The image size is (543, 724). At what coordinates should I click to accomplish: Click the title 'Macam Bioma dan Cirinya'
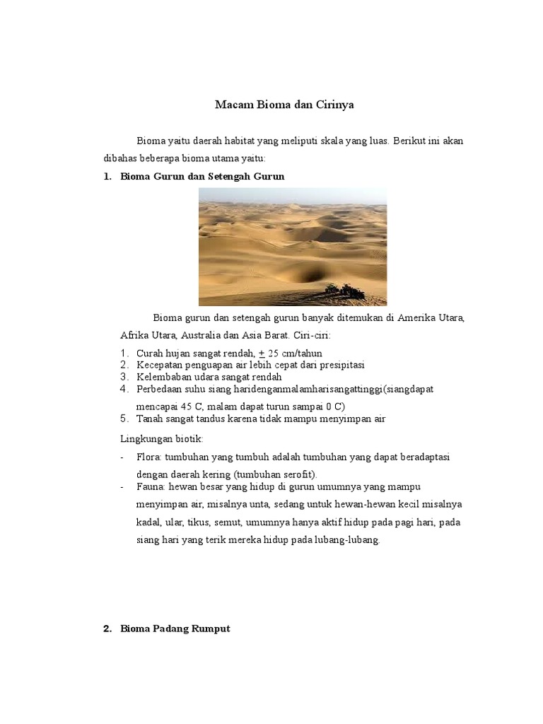click(284, 105)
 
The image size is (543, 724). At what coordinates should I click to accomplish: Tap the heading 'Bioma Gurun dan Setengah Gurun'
click(202, 176)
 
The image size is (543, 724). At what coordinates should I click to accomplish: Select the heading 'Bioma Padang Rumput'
click(175, 629)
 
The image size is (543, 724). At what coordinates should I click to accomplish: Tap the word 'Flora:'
click(148, 457)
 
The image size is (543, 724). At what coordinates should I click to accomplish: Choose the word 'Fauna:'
click(151, 487)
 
